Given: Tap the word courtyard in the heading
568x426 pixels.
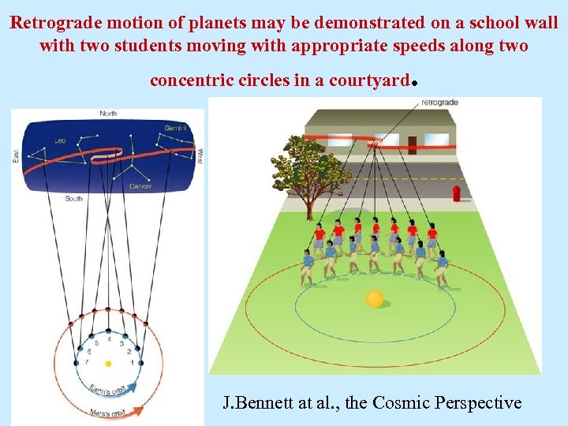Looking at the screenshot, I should coord(370,80).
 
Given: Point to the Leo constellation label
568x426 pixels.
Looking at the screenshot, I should coord(60,140).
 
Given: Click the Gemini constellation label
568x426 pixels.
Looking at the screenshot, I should coord(174,128).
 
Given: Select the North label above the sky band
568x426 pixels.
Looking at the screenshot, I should coord(108,114).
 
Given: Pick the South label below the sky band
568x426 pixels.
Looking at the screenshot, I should coord(74,199).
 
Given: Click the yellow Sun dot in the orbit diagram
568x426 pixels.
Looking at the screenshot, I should coord(108,364).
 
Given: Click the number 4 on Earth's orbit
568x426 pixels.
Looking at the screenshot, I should coord(109,340).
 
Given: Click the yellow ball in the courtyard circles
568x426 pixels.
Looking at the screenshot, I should coord(375,298).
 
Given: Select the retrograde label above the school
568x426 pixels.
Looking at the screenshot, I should coord(440,103).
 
